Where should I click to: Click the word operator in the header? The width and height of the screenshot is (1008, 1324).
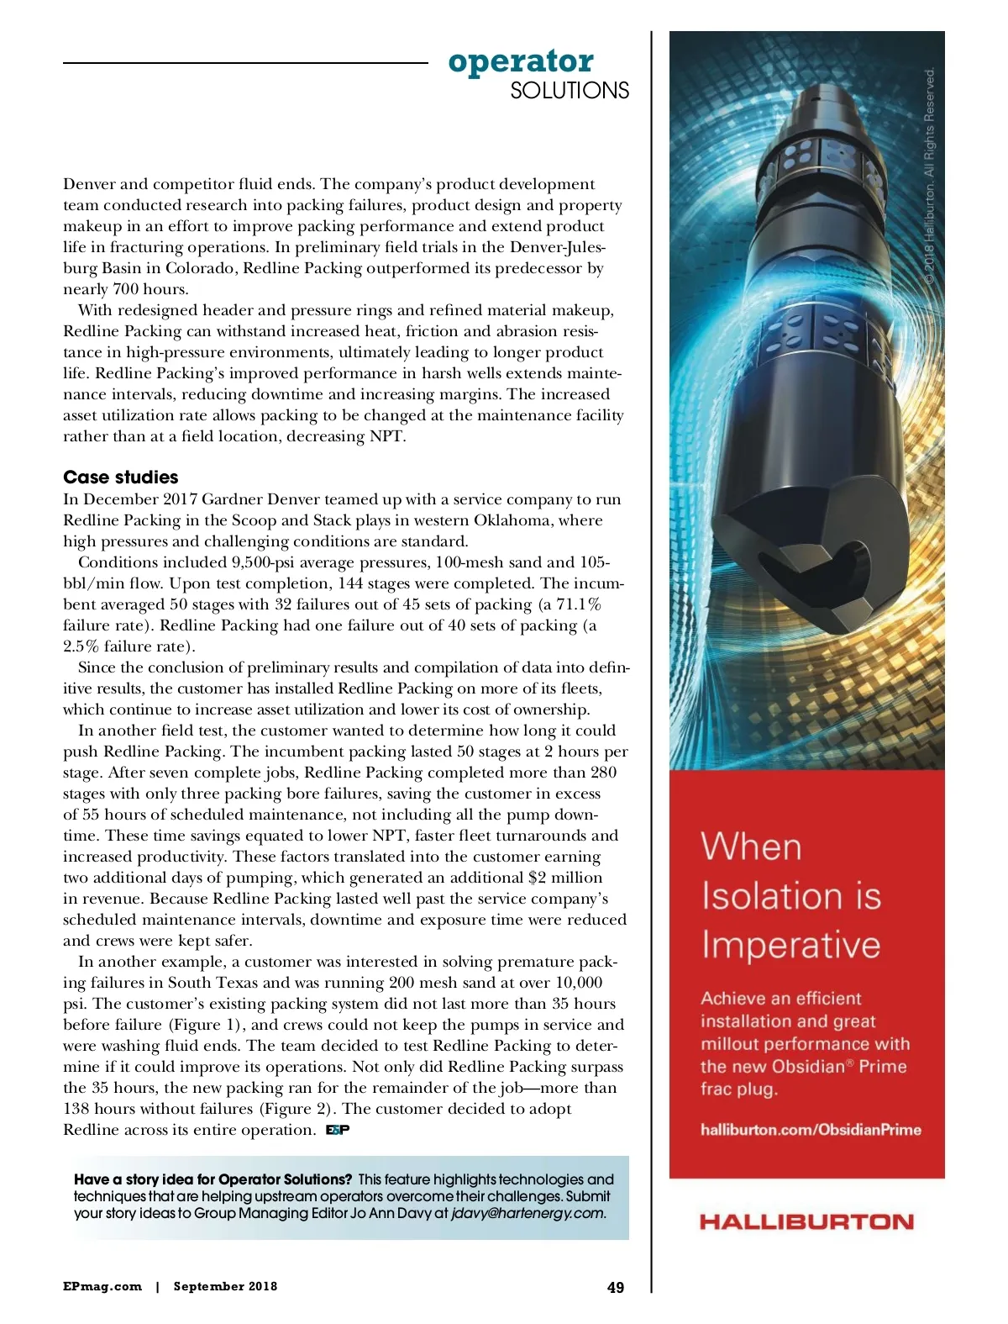coord(521,61)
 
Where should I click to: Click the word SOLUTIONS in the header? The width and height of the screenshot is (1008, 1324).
coord(570,91)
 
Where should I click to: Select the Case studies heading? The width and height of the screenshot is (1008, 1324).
coord(121,477)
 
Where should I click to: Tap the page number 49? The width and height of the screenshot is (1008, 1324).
coord(616,1287)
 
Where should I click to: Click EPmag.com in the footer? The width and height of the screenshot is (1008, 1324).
coord(102,1286)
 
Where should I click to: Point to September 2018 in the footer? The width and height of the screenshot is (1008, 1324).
coord(225,1286)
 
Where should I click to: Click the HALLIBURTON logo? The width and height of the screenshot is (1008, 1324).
coord(806,1221)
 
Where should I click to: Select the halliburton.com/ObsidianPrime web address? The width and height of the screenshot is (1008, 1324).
coord(811,1130)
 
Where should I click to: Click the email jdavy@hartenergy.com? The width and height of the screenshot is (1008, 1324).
coord(528,1213)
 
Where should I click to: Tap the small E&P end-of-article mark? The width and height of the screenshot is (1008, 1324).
coord(338,1130)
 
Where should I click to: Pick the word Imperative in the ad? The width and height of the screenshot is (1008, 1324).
coord(790,945)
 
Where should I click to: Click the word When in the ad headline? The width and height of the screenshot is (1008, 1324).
coord(751,847)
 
